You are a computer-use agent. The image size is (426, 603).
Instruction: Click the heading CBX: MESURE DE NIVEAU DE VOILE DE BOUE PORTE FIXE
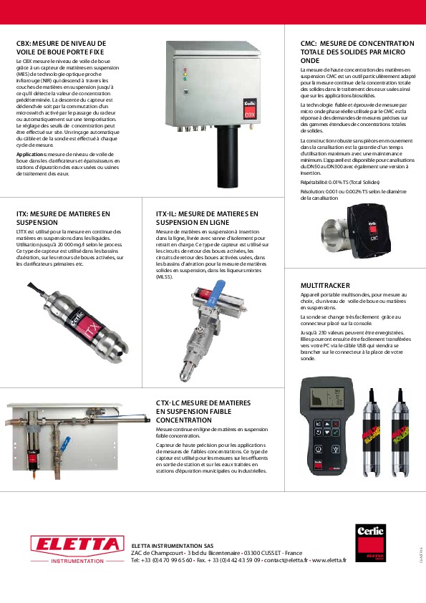point(61,47)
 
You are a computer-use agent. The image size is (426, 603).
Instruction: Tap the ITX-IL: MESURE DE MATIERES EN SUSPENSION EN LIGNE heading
point(207,218)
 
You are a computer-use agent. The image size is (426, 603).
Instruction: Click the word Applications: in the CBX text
point(31,154)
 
